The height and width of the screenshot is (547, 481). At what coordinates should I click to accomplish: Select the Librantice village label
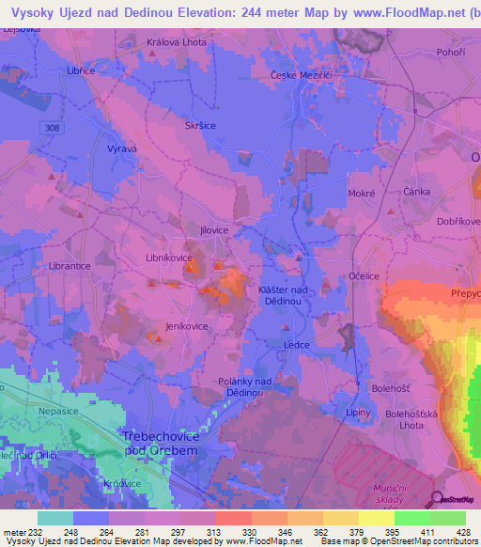[70, 266]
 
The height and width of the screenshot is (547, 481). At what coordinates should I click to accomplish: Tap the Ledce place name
[296, 345]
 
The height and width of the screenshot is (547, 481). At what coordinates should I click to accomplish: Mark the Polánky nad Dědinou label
[244, 386]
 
